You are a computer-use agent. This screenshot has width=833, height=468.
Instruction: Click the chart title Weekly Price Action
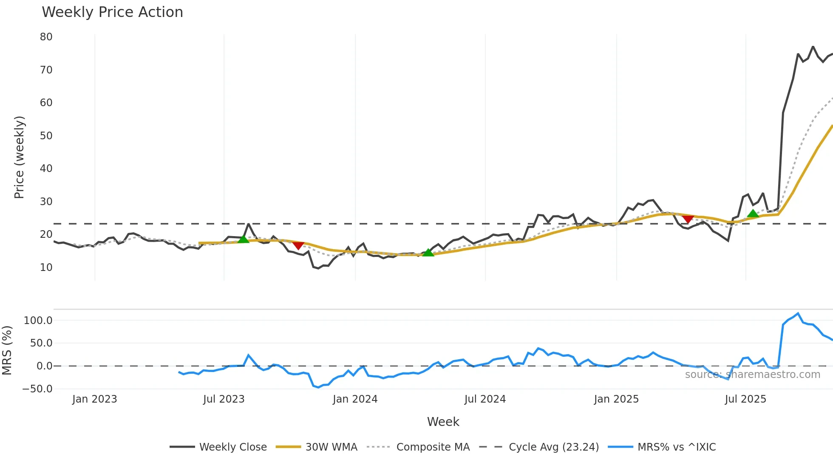(x=112, y=12)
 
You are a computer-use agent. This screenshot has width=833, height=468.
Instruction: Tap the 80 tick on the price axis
(x=46, y=37)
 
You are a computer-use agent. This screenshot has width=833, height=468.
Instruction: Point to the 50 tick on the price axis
(x=46, y=136)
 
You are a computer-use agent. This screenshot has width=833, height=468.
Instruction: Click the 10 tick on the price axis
(x=46, y=268)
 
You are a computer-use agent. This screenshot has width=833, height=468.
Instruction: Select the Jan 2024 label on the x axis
(x=355, y=399)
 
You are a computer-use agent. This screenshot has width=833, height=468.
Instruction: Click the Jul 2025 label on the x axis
(x=745, y=399)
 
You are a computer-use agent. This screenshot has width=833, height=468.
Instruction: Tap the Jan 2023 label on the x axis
(x=94, y=399)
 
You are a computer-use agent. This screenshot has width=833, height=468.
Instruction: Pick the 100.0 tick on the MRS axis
(x=38, y=321)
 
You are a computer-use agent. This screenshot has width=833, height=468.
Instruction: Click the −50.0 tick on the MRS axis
(x=37, y=389)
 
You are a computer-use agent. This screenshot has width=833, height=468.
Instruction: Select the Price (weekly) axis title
(x=20, y=157)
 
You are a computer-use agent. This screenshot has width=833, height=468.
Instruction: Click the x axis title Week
(x=443, y=422)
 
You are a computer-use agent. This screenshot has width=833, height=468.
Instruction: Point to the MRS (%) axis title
(x=7, y=350)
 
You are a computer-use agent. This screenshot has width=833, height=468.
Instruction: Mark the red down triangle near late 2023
(x=298, y=245)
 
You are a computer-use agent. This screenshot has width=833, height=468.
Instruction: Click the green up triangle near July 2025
(x=753, y=214)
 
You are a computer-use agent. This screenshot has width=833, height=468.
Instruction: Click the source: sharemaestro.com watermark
(x=752, y=375)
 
